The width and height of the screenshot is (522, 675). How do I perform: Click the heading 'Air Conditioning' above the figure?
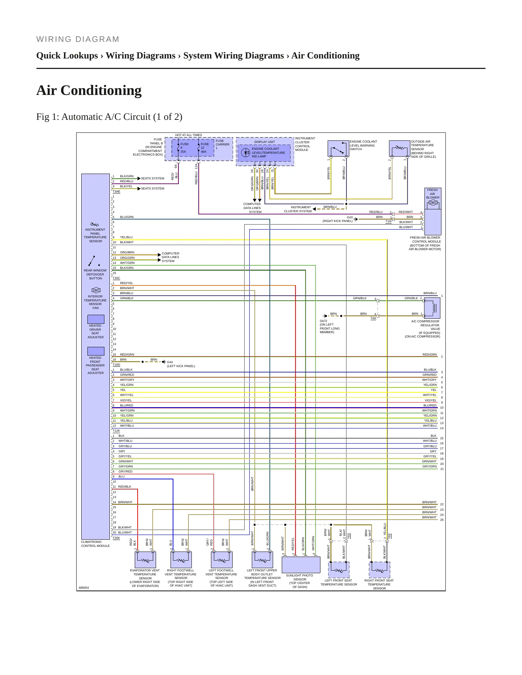[x=89, y=90]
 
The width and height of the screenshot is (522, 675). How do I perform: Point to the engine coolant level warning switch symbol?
[x=338, y=149]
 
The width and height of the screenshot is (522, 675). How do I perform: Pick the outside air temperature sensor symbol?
[x=400, y=149]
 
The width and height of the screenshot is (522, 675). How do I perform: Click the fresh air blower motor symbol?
[x=433, y=203]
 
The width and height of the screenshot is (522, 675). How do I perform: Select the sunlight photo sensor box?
[x=301, y=565]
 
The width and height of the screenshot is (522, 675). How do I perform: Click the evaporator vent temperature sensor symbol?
[x=145, y=560]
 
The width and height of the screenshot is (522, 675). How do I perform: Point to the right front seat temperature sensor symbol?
[x=380, y=570]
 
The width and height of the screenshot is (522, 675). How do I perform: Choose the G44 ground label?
[x=170, y=362]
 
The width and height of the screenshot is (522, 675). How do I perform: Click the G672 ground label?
[x=323, y=321]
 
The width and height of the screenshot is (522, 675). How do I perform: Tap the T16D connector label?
[x=116, y=365]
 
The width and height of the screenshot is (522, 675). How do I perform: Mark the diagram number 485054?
[x=84, y=588]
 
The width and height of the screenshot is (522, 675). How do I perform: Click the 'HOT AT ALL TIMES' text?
[x=189, y=135]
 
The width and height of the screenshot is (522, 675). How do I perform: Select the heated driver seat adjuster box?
[x=96, y=319]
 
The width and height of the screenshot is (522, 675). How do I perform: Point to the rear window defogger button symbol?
[x=94, y=261]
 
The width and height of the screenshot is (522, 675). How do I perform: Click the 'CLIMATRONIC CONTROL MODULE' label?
[x=95, y=544]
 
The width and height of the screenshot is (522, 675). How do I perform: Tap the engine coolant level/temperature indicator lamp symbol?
[x=246, y=153]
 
